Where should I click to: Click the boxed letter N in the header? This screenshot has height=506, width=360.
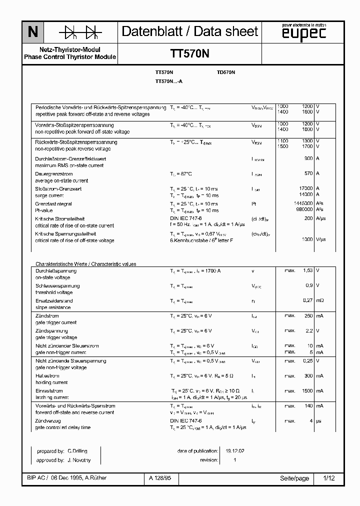click(33, 32)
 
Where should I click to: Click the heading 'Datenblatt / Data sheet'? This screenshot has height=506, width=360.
click(190, 31)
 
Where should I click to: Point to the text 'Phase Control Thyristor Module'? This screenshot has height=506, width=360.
click(70, 57)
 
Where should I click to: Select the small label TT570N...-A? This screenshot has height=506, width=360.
click(169, 81)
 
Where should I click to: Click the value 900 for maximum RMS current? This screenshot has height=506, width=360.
click(308, 158)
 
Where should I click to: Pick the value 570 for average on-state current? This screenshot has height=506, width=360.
click(308, 173)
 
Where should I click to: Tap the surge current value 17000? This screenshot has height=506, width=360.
click(305, 188)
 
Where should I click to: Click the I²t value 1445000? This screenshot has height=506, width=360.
click(303, 203)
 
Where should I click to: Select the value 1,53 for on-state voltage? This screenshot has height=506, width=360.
click(307, 270)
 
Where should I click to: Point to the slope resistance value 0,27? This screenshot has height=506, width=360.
click(307, 300)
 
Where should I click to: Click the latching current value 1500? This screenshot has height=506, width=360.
click(306, 390)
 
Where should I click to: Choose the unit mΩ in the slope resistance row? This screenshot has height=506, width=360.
click(320, 300)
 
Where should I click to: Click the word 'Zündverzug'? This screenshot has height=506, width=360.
click(48, 421)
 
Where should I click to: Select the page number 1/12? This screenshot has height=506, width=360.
click(328, 478)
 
